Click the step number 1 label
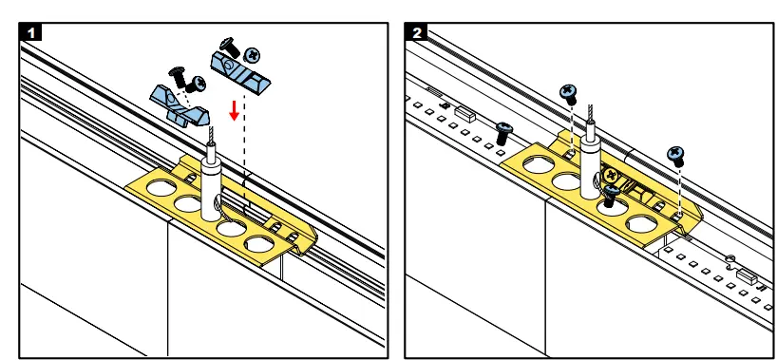tap(30, 32)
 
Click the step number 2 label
tap(417, 32)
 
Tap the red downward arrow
tap(235, 110)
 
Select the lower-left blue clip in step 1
tap(179, 105)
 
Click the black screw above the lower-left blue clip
tap(177, 77)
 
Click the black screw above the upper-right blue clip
tap(230, 47)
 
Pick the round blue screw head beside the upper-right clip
tap(254, 55)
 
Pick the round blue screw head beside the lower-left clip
tap(199, 84)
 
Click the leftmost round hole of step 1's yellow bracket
tap(161, 188)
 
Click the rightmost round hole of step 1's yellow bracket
tap(259, 245)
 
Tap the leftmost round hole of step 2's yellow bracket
tap(539, 164)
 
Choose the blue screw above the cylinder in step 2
tap(569, 94)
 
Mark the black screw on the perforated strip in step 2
tap(503, 133)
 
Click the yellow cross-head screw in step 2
tap(611, 175)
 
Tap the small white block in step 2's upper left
tap(464, 114)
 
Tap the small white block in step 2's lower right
tap(747, 276)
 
